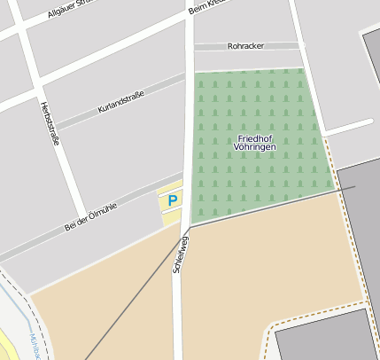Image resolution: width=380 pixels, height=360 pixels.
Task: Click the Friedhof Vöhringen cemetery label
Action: [x=256, y=142]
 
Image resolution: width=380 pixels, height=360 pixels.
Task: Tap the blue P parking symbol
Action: [x=173, y=201]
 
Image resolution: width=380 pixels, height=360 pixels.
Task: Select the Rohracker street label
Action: [x=245, y=45]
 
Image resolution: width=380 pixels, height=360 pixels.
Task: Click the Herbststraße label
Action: [x=50, y=123]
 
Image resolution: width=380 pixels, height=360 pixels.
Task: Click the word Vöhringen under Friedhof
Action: [x=256, y=147]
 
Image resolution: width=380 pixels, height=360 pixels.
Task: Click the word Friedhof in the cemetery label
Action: [x=256, y=137]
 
